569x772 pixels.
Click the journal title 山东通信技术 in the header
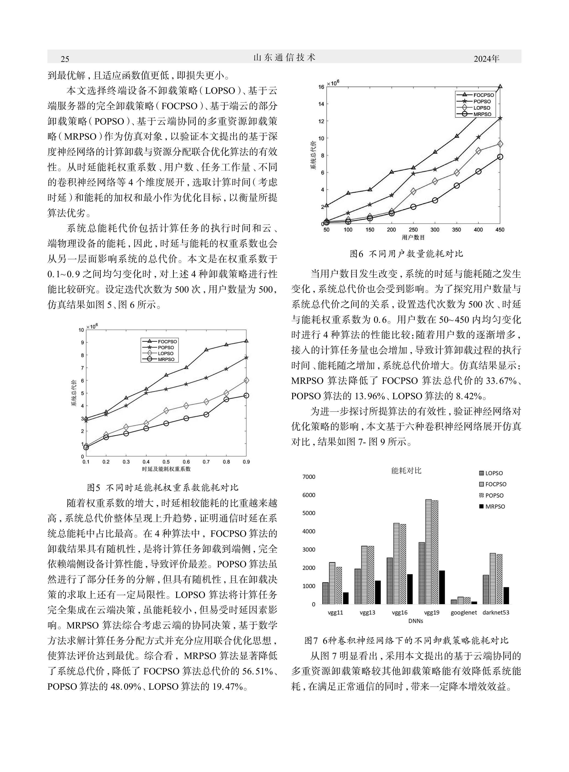284,58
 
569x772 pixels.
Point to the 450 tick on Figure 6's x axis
500,230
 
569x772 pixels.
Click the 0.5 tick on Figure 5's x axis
166,462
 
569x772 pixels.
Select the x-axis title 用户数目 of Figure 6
413,237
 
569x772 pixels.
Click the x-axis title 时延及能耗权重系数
166,469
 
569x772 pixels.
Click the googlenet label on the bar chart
464,613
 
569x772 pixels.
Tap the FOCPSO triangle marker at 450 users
500,87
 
